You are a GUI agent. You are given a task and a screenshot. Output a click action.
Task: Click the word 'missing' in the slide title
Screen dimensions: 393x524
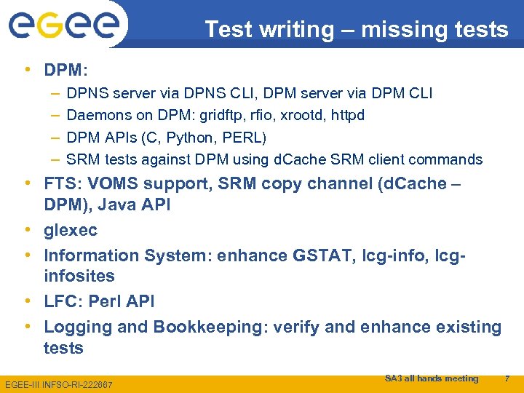400,29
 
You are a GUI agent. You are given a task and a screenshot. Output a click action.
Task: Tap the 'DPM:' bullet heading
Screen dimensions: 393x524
65,71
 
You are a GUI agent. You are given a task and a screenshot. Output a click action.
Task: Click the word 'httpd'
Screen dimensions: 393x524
346,115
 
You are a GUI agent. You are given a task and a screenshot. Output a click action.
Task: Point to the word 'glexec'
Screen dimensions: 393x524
71,231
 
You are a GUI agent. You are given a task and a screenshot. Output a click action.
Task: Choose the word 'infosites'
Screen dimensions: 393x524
79,277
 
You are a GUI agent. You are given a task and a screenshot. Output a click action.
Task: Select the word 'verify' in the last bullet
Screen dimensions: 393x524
298,327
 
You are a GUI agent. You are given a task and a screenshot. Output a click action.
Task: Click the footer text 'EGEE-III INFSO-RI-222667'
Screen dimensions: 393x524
59,384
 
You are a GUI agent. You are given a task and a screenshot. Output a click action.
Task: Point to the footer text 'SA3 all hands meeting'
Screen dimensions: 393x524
432,378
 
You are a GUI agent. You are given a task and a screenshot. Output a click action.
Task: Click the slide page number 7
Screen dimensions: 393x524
507,378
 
